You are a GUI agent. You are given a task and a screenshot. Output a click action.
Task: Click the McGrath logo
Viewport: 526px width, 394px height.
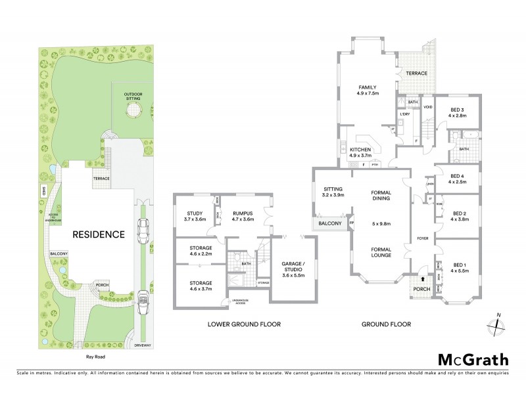point(473,359)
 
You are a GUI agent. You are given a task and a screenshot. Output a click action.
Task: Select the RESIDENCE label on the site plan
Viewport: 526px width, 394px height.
point(99,234)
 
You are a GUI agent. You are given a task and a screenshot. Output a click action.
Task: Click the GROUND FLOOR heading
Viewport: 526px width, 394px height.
point(387,324)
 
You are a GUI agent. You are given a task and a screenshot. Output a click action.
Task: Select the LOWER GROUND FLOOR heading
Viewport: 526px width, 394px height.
point(244,324)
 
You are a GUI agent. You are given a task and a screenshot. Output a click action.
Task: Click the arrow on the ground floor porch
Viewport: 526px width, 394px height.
point(421,278)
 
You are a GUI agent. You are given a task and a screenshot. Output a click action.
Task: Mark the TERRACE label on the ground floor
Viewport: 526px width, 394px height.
point(416,74)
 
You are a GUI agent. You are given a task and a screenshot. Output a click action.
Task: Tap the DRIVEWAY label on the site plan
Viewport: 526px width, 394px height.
point(143,344)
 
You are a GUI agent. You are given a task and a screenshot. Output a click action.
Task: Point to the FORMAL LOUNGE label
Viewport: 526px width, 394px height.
point(381,253)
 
